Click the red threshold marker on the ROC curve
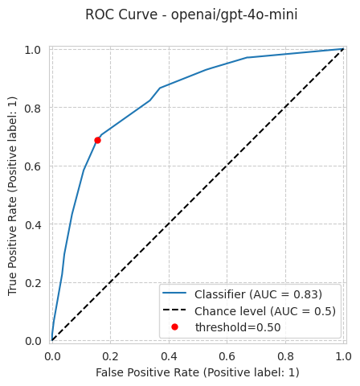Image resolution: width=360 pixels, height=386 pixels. coord(97,140)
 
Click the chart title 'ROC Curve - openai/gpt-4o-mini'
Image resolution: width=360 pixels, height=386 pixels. coord(191,14)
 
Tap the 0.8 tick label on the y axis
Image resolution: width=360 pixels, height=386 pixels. coord(33,109)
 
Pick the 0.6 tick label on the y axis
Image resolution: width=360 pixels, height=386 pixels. coord(33,166)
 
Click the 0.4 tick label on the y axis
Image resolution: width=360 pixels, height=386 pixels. coord(33,224)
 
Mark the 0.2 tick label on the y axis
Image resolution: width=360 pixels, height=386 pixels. coord(33,283)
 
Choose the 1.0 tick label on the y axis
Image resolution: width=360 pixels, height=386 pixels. coord(33,50)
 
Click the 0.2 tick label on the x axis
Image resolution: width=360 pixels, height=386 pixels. coord(110,356)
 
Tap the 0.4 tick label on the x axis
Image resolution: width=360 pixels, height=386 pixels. coord(169,356)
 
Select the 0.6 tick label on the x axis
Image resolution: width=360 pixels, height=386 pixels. coord(227,356)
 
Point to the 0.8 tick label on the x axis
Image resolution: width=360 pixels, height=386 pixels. coord(285,356)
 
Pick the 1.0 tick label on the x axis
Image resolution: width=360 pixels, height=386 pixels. coord(343,356)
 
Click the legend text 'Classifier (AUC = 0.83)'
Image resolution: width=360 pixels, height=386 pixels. coord(258,294)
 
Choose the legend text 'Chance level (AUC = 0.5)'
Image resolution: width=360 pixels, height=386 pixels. coord(265,311)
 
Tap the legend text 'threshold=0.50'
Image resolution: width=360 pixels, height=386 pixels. coord(238,327)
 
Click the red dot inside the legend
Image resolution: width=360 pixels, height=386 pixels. coord(174,326)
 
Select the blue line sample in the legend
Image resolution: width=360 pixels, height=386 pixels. coord(174,293)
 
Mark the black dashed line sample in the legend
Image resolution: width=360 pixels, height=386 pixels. coord(174,310)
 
